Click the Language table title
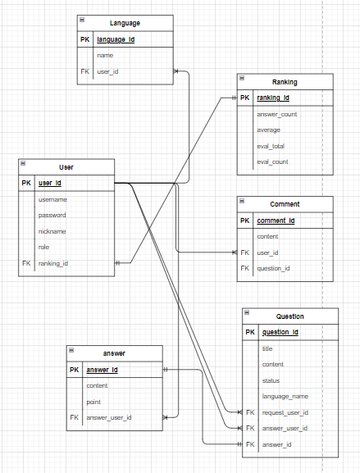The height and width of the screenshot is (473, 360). (125, 22)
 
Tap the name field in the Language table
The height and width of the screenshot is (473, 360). (105, 55)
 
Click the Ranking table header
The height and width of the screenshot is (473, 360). (285, 82)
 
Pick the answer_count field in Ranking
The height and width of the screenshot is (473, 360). (276, 114)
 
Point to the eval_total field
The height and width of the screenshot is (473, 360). (271, 146)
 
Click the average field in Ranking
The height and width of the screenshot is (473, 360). (268, 130)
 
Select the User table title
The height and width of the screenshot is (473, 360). (66, 166)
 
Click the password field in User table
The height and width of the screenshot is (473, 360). (52, 215)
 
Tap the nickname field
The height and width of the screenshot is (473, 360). (52, 231)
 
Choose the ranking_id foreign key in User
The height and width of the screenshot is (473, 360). (53, 263)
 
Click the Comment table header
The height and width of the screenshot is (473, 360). (285, 204)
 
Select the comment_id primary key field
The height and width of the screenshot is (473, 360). (276, 221)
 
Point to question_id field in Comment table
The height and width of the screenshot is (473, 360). (273, 268)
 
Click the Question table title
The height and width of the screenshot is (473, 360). (289, 316)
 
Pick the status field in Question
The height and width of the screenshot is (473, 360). (271, 380)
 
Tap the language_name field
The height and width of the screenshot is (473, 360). (285, 396)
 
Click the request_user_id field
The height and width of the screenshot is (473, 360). (285, 412)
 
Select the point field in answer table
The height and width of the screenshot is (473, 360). (94, 401)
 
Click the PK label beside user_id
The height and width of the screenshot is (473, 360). (25, 183)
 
